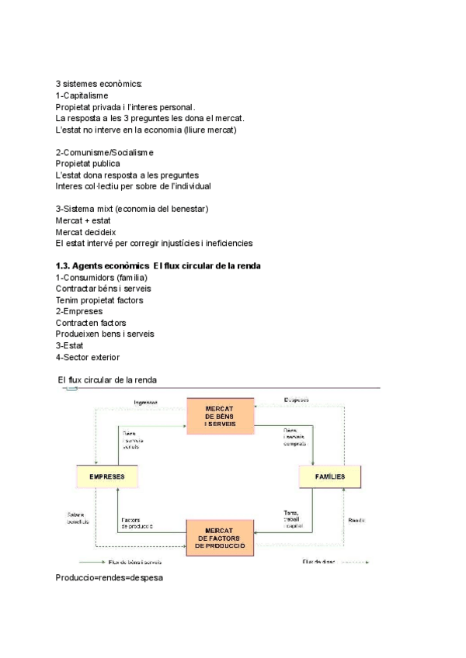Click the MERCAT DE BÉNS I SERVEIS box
[220, 417]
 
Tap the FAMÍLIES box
[331, 476]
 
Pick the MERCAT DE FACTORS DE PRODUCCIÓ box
[221, 538]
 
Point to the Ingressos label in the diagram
[145, 402]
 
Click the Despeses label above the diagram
[297, 400]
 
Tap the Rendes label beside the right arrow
[356, 519]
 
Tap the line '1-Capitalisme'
[82, 95]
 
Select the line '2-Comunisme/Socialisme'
[104, 152]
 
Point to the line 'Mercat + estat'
[83, 220]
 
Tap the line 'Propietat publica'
[88, 164]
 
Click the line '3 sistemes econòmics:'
[98, 84]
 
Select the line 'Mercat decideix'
[85, 232]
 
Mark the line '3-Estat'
[70, 345]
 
